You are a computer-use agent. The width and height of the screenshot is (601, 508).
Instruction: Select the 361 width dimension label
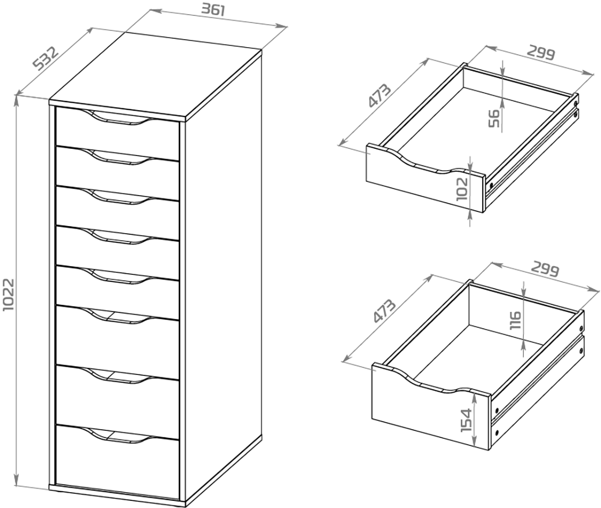click(x=213, y=9)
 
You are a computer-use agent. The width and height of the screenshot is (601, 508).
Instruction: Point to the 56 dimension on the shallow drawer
click(x=494, y=118)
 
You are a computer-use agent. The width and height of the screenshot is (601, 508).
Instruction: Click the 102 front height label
click(x=462, y=188)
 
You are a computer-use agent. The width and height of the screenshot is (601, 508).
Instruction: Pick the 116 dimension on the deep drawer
click(x=515, y=320)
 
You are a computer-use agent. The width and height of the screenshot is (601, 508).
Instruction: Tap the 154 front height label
click(x=466, y=420)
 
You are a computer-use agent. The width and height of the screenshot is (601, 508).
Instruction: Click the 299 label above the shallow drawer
click(x=541, y=52)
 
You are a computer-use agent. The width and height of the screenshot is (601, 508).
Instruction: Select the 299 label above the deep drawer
click(x=545, y=270)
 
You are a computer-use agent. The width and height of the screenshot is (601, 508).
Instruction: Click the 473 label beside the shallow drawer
click(x=380, y=94)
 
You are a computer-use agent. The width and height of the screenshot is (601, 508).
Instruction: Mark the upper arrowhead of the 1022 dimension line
click(x=16, y=99)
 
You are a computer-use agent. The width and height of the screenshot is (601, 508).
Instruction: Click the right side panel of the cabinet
click(x=223, y=276)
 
